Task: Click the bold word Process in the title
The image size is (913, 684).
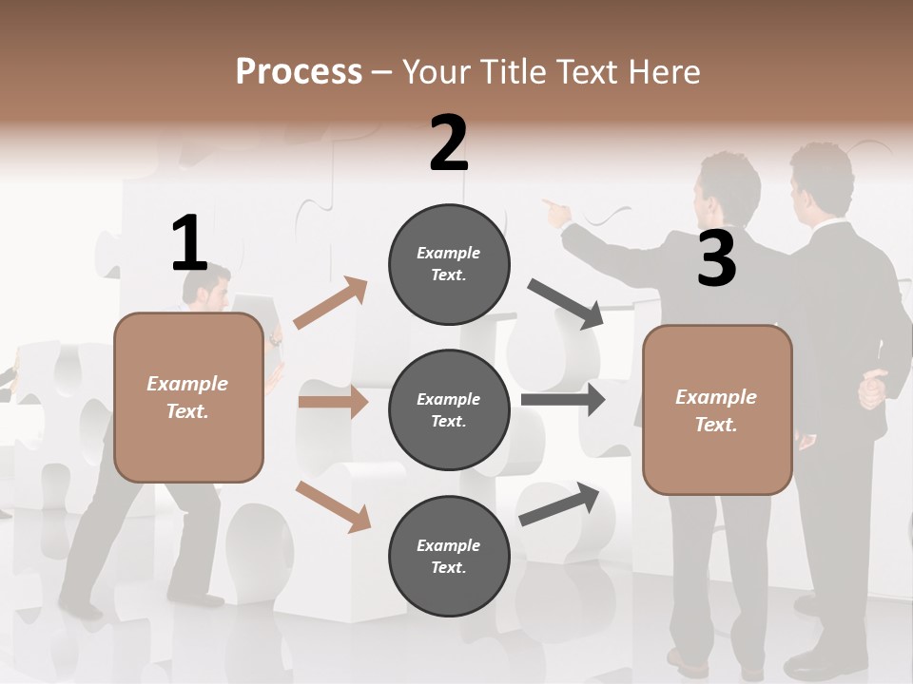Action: tap(299, 72)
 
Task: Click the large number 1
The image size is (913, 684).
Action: tap(188, 243)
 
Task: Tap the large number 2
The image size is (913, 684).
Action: tap(449, 144)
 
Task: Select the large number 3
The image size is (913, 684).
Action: tap(716, 258)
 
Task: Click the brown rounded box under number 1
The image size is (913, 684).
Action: tap(188, 397)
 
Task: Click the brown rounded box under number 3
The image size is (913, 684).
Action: tap(716, 410)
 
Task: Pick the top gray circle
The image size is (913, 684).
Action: tap(449, 264)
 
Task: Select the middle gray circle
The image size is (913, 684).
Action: tap(449, 410)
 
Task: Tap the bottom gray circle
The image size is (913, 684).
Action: tap(449, 557)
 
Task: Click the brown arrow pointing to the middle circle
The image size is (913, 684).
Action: tap(333, 402)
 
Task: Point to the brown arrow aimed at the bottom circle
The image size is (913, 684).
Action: tap(333, 506)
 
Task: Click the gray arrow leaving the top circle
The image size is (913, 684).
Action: tap(566, 304)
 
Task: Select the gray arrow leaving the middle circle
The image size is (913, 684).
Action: tap(563, 399)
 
